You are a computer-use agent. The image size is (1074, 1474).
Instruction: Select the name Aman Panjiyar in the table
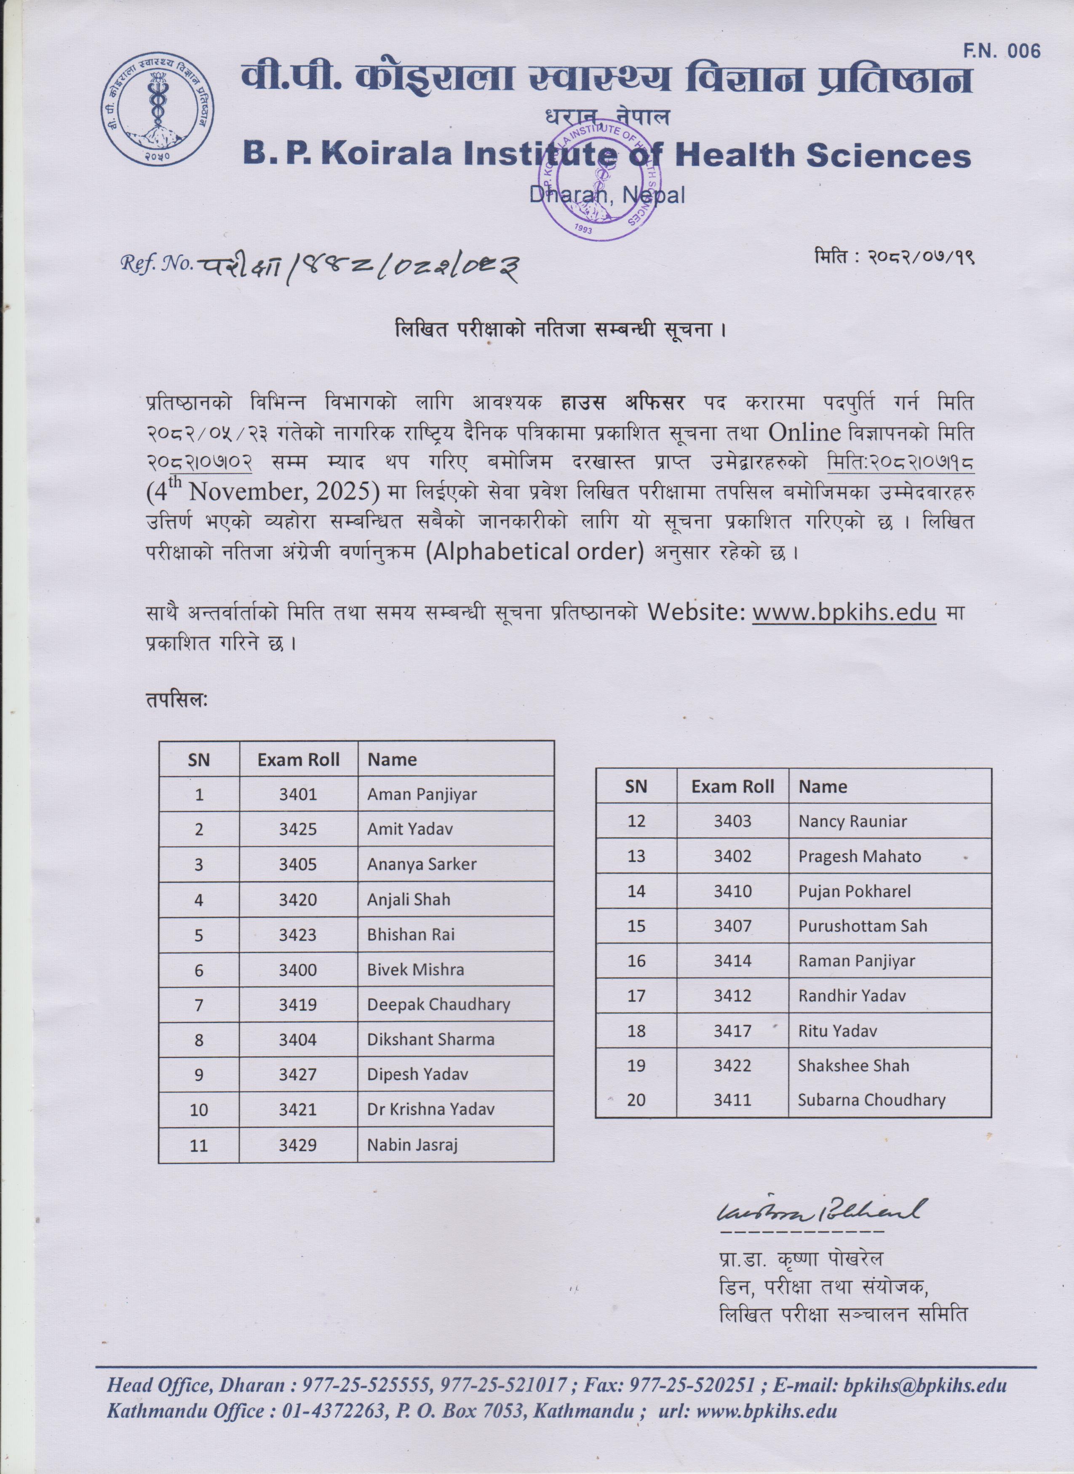[422, 794]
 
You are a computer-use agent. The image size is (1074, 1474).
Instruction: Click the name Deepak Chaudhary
[438, 1005]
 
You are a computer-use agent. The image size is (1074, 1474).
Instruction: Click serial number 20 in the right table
[636, 1100]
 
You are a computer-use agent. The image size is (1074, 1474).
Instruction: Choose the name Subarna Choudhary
[871, 1100]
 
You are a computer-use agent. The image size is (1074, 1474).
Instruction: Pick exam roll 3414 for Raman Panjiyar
[732, 961]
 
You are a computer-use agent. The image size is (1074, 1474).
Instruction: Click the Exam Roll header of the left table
[299, 760]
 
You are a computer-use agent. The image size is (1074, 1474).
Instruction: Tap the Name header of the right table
[823, 787]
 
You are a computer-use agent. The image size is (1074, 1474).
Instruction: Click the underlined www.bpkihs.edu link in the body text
[844, 613]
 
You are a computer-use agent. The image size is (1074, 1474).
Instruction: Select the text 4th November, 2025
[263, 492]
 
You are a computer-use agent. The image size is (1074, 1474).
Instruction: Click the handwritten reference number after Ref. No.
[358, 265]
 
